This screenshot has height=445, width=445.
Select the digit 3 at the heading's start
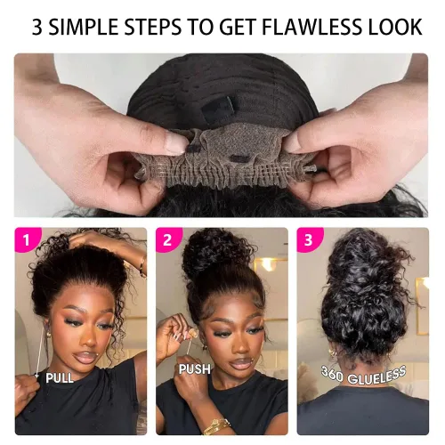[37, 27]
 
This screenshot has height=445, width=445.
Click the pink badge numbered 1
[25, 239]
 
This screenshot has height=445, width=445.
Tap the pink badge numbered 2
[166, 239]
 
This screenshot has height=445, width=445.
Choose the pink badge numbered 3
[309, 239]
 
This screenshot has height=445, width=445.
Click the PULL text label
[60, 378]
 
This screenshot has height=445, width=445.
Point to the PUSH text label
[195, 368]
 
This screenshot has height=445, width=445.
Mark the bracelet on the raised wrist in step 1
[143, 267]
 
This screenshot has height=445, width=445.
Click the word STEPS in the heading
[152, 27]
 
